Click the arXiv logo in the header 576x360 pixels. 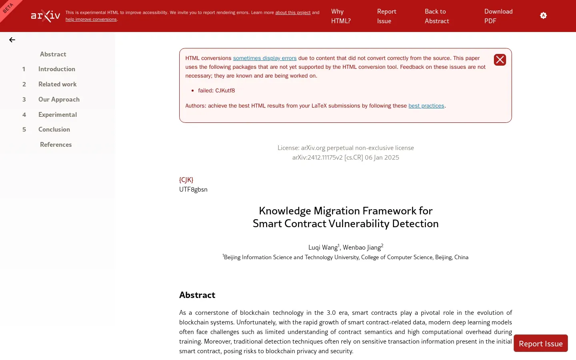(46, 16)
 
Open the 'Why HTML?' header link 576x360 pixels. (341, 16)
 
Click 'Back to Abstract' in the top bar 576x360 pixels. (437, 16)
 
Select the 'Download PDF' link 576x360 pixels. (498, 16)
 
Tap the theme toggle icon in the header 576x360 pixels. (543, 16)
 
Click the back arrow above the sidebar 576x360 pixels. (12, 40)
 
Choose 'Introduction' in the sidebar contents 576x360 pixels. (57, 69)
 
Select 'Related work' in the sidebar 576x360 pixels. (58, 84)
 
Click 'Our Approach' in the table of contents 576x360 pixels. (59, 100)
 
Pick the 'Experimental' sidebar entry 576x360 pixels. (58, 115)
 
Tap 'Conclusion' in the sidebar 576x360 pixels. (54, 130)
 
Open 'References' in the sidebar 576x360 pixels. (56, 145)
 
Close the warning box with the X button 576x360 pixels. (500, 60)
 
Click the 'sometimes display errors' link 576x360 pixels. (265, 58)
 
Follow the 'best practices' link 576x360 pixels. (426, 106)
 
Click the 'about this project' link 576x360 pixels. (293, 12)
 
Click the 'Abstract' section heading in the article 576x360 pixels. (197, 295)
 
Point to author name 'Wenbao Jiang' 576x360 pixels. (362, 248)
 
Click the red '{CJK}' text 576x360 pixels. (186, 180)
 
